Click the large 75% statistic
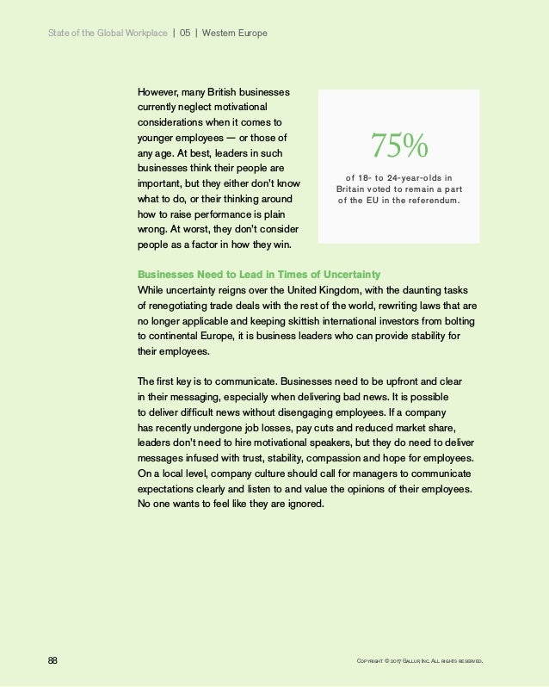398,146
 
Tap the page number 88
52,660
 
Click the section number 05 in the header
185,33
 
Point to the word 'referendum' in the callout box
432,202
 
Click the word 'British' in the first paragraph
219,92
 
